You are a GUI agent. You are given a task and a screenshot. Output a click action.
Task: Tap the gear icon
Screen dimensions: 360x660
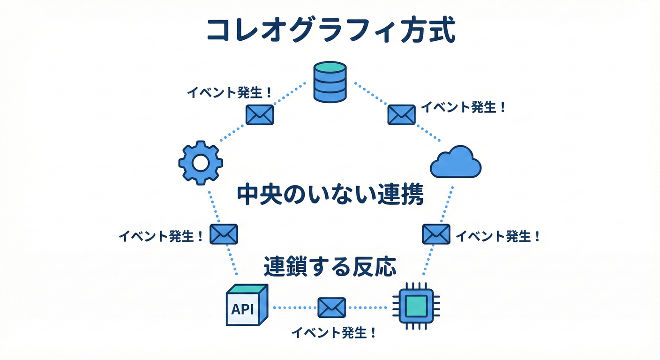[201, 163]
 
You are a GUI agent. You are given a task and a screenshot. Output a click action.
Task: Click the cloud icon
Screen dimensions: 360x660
[456, 162]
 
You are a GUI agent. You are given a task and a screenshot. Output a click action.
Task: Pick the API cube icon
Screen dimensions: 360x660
[246, 305]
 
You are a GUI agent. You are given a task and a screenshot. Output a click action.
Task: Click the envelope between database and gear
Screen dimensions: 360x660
[260, 114]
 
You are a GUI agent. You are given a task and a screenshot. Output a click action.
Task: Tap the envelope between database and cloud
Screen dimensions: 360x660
[401, 114]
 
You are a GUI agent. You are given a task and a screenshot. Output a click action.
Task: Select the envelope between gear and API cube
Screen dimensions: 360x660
[224, 234]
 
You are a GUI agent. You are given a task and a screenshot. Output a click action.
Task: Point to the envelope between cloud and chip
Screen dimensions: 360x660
[436, 234]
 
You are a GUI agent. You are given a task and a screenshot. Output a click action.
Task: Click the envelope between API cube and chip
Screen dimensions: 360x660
[331, 307]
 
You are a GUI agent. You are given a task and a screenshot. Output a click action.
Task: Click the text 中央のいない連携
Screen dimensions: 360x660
[330, 195]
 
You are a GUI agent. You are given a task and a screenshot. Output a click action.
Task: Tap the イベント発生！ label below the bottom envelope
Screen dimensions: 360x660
[334, 333]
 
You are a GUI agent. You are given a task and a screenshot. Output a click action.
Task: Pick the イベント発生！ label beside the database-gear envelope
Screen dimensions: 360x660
[229, 92]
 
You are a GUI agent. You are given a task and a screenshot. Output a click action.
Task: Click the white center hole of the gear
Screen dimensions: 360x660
[201, 163]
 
